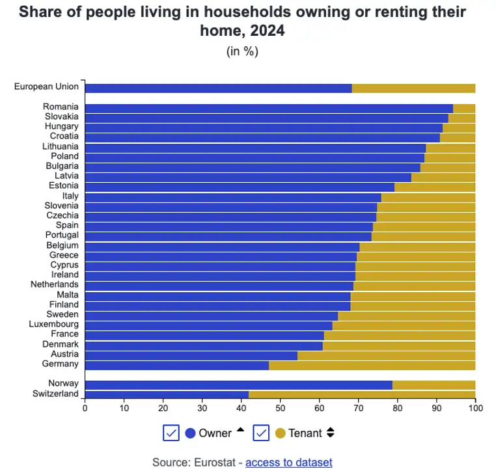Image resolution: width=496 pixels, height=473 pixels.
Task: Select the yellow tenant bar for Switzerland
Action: pos(362,394)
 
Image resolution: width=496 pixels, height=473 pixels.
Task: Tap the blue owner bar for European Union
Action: pos(218,88)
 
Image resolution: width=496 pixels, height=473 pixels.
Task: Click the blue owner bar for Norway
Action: pos(238,385)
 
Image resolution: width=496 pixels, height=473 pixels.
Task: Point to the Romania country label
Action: pos(61,107)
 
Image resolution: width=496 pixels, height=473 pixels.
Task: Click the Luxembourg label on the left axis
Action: pos(53,324)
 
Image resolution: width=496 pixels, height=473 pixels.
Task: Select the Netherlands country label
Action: pos(54,284)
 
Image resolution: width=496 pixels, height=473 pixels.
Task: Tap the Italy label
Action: pos(70,196)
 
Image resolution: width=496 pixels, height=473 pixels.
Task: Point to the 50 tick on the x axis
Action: pos(280,408)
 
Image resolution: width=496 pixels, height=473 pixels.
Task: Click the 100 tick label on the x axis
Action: pos(475,408)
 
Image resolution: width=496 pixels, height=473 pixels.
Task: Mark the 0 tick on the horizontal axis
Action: pos(85,408)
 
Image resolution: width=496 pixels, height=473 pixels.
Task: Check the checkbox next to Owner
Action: pos(171,433)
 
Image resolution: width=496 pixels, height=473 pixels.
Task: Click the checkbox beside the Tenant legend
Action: pos(261,433)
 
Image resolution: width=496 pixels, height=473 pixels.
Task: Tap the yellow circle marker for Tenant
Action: pos(281,433)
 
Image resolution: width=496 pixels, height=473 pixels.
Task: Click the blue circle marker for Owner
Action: pos(191,433)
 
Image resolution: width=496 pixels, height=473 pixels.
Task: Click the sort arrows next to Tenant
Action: pos(330,433)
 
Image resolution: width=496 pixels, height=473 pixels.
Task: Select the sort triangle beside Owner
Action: pos(240,429)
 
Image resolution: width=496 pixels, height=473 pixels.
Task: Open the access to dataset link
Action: pos(288,462)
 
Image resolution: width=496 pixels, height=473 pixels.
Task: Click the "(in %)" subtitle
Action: pos(242,51)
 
